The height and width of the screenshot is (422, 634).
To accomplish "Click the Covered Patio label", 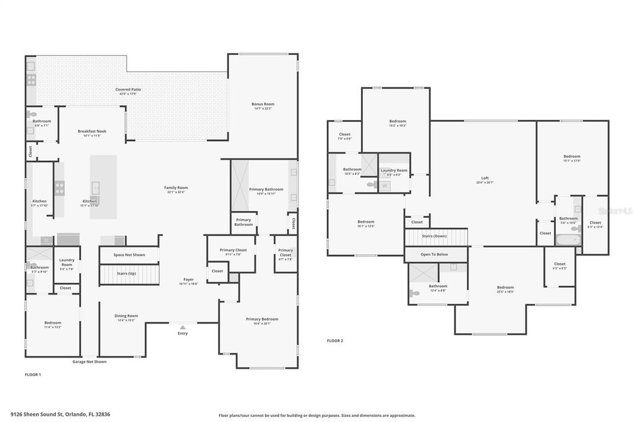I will (x=128, y=90).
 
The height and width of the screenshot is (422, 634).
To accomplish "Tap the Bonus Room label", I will (x=263, y=104).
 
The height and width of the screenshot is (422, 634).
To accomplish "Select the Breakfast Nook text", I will (x=92, y=131).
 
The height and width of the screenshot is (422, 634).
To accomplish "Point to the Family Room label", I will (x=176, y=187).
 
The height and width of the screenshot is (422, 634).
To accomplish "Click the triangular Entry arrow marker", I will (x=182, y=327).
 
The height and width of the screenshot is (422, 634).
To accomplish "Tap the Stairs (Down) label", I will (x=434, y=236).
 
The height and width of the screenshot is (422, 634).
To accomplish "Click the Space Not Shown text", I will (x=129, y=255).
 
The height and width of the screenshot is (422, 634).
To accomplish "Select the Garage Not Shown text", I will (x=89, y=361).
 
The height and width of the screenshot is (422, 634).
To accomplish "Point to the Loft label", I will (x=485, y=178).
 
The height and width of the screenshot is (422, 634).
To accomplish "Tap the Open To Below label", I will (x=434, y=254).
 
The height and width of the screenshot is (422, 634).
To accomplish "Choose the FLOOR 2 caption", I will (x=335, y=340).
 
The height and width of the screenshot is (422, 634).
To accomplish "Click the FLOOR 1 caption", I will (x=33, y=374).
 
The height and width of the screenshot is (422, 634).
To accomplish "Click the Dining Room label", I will (x=126, y=316).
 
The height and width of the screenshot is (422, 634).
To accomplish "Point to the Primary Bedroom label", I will (x=262, y=319).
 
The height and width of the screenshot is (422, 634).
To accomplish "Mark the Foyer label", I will (x=188, y=279).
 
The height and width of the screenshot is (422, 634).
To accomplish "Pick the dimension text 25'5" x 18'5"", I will (x=505, y=291).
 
